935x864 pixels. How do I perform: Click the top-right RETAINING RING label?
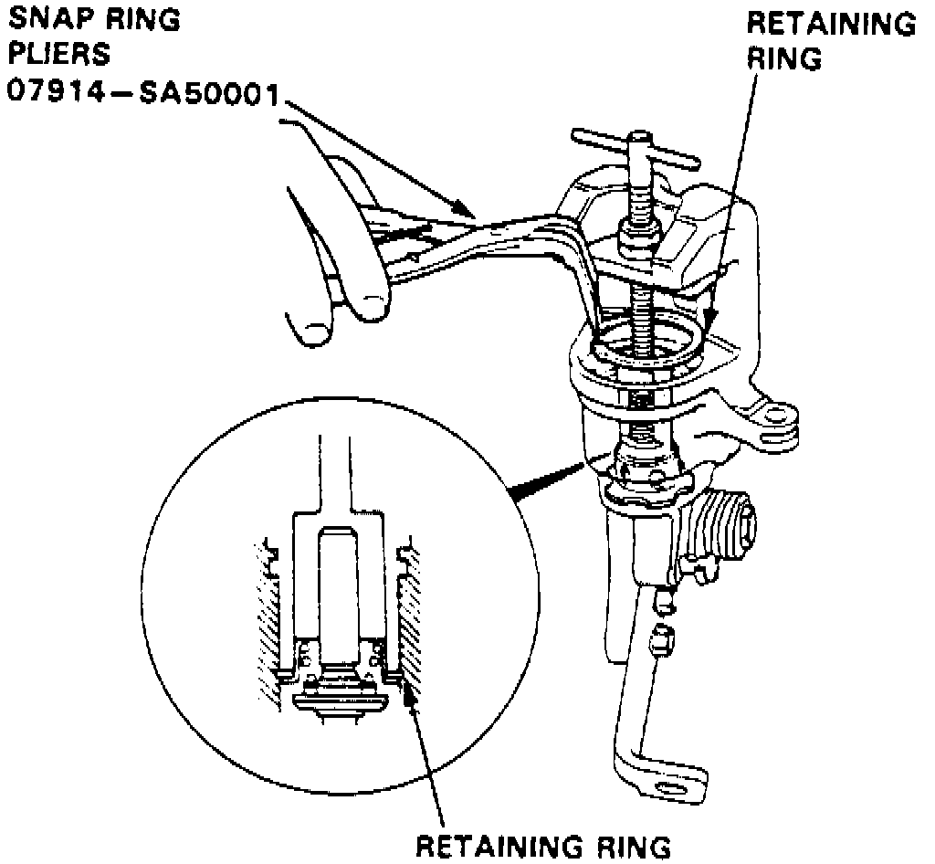click(x=830, y=40)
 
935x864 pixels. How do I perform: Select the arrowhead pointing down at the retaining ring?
click(x=710, y=321)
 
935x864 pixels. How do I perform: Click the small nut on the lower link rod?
click(x=663, y=642)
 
